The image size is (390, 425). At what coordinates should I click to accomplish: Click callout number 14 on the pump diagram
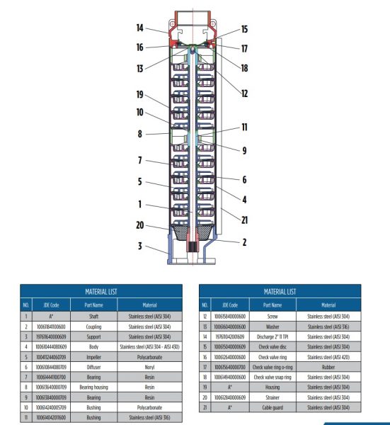[x=140, y=28]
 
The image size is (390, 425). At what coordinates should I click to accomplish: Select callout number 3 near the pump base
[x=140, y=246]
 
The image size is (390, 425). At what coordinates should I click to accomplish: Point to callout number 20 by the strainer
[x=141, y=225]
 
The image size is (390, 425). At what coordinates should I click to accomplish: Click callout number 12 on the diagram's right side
[x=244, y=93]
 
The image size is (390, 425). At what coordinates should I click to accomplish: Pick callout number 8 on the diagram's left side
[x=140, y=132]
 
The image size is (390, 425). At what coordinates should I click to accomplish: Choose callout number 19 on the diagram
[x=141, y=94]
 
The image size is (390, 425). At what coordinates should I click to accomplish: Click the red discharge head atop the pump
[x=192, y=32]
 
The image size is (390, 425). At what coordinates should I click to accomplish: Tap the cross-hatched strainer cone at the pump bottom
[x=192, y=234]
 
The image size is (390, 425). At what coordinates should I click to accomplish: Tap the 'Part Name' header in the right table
[x=271, y=305]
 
